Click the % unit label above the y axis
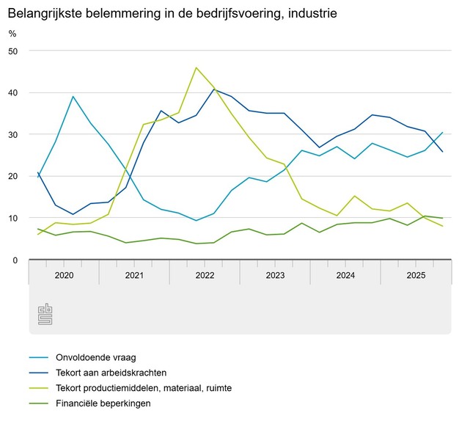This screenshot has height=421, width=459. click(12, 33)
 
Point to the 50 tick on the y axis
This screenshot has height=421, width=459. click(13, 51)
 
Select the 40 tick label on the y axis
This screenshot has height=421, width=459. click(13, 92)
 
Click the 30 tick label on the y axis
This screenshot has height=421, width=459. click(13, 134)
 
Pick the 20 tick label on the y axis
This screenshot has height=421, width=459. click(13, 176)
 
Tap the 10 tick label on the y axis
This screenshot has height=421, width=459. click(13, 218)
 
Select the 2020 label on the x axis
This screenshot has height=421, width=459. click(64, 276)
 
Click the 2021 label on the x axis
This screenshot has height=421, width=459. click(134, 276)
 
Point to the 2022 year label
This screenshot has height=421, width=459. click(205, 276)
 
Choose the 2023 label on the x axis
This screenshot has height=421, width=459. click(275, 276)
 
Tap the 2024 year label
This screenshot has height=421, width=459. click(345, 276)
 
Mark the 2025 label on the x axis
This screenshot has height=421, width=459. click(416, 276)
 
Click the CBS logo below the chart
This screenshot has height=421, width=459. click(45, 314)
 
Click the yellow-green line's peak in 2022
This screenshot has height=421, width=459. click(197, 67)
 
